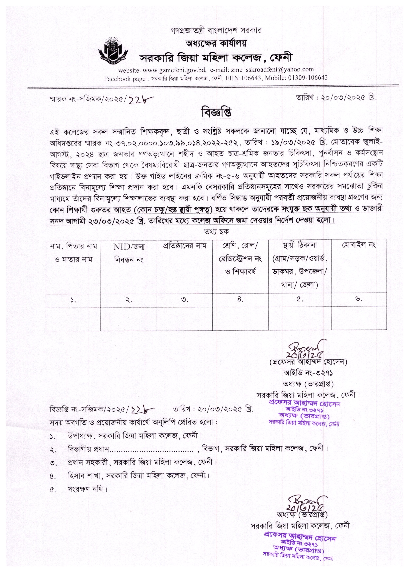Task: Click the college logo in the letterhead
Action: (x=113, y=48)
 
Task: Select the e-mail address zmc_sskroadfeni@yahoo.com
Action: (x=271, y=69)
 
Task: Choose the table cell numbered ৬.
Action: (x=359, y=299)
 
